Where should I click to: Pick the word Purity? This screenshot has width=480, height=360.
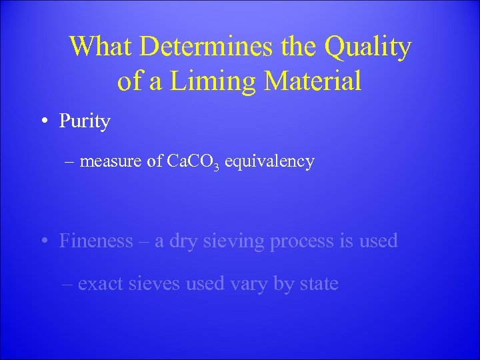click(85, 121)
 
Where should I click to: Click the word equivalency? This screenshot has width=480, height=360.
click(269, 162)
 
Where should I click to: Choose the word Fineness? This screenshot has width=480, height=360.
click(97, 241)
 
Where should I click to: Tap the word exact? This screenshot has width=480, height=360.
click(99, 283)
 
